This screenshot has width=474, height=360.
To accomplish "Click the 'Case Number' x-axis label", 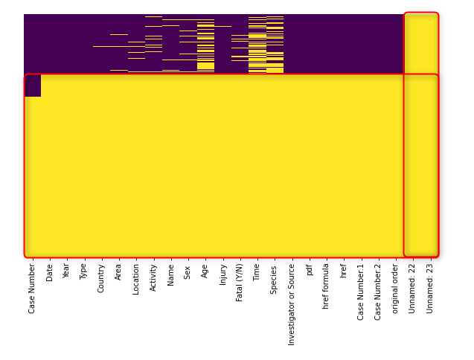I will coord(32,288).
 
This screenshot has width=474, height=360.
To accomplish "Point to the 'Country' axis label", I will coord(101,277).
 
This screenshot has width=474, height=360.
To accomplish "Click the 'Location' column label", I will coord(136,279).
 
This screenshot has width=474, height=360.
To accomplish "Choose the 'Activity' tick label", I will coord(153,277).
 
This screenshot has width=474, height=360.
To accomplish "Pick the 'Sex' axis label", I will coord(188,271).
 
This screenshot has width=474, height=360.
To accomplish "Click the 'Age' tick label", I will coord(205,271).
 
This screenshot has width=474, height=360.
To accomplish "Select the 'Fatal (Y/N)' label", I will coord(240,282).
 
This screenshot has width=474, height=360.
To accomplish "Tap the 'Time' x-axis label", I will coord(257,272).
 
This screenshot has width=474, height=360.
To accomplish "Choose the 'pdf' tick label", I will coord(309,270).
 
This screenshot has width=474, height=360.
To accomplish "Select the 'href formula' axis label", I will coord(326,286).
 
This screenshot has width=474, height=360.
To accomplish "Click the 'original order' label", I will coord(395,287).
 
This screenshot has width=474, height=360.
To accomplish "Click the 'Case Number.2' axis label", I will coord(378,291).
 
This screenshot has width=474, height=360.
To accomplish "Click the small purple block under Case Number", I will coord(33,86).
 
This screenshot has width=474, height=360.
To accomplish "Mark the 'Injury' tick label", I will coord(222,274).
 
